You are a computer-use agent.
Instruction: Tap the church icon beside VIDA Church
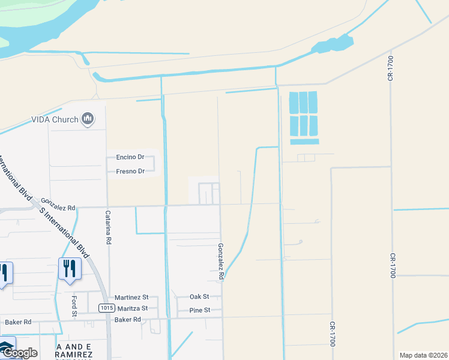[x=88, y=119]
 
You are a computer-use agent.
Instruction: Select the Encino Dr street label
[x=130, y=157]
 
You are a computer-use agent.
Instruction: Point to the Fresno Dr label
[x=130, y=171]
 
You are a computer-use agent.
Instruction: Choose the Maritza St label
[x=132, y=308]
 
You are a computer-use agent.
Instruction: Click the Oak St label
[x=199, y=296]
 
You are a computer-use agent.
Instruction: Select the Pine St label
[x=200, y=310]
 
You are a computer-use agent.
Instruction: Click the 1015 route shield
[x=107, y=308]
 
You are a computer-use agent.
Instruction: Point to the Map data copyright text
[x=424, y=355]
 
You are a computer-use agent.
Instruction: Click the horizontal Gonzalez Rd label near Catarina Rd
[x=58, y=208]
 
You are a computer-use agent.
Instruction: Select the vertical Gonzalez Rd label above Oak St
[x=221, y=262]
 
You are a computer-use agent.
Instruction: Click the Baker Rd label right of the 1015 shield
[x=127, y=320]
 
